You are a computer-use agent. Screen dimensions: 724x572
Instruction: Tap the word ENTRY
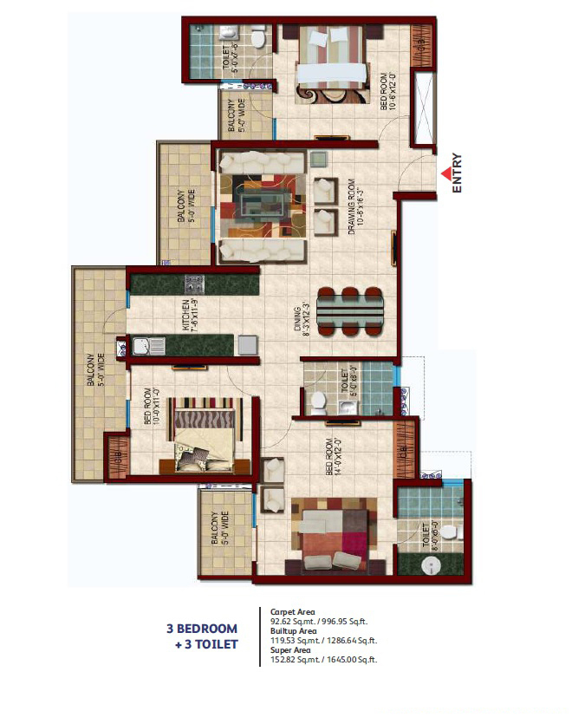tap(458, 173)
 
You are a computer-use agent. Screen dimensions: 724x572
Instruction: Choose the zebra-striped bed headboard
tap(202, 413)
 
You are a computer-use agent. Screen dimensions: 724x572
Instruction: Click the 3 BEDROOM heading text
tap(202, 629)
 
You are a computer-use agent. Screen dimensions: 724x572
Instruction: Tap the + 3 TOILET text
tap(206, 644)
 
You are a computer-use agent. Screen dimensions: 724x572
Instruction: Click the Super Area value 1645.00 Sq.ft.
tap(351, 661)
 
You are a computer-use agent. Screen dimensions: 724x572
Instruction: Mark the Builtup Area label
tap(290, 631)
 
